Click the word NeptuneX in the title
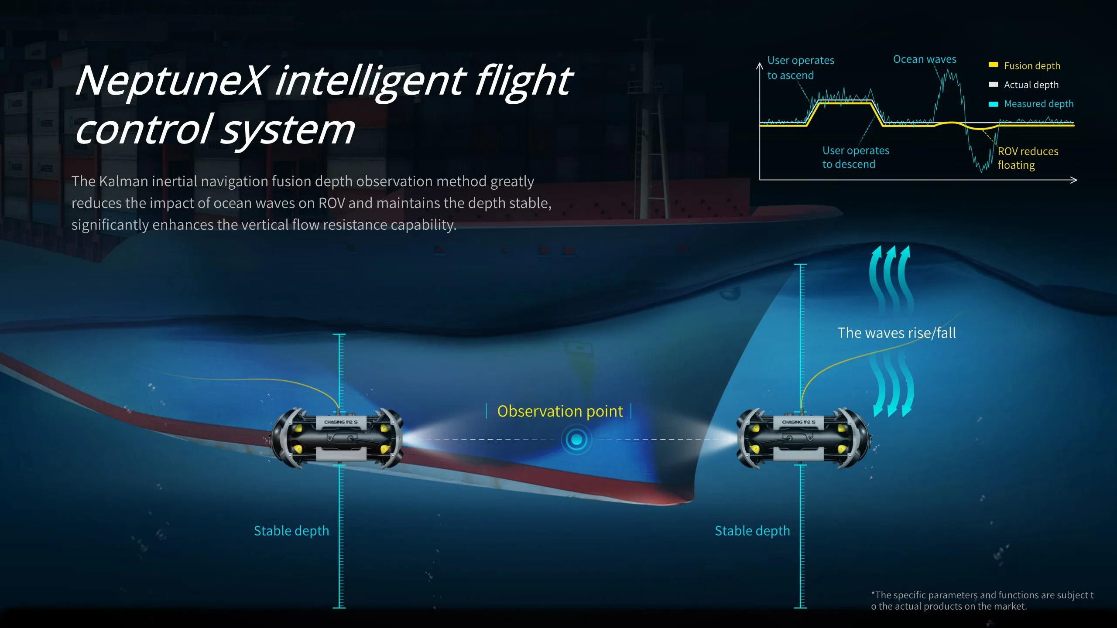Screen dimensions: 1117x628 pos(170,81)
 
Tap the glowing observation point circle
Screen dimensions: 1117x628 pos(576,440)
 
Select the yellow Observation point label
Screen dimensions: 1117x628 pos(560,411)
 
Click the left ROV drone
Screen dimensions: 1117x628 pos(336,438)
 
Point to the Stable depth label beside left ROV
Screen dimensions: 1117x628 pos(291,531)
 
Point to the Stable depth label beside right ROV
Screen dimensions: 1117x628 pos(752,531)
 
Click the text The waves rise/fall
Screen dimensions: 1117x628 pos(897,333)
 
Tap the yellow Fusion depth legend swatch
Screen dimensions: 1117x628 pos(994,65)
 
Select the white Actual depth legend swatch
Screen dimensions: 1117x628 pos(994,84)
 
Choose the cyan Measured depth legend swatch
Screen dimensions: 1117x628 pos(994,104)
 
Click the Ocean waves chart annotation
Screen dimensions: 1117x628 pos(925,59)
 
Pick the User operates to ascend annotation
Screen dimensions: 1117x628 pos(801,68)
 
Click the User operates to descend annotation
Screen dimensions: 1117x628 pos(856,157)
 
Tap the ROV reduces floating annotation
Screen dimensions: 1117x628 pos(1028,158)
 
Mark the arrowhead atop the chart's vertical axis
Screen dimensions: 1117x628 pos(760,65)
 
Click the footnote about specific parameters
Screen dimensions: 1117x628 pos(982,601)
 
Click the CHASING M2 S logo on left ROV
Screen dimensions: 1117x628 pos(341,422)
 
